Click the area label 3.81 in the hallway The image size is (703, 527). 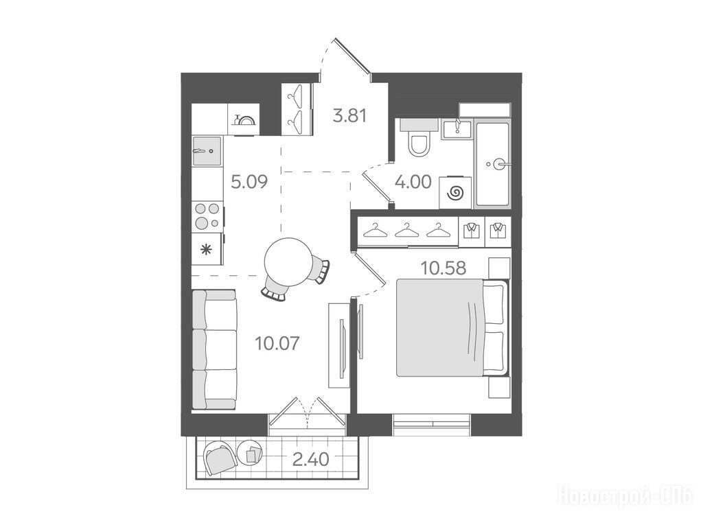coord(349,116)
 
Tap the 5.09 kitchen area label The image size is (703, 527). coord(249,182)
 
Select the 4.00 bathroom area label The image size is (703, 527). coord(413,182)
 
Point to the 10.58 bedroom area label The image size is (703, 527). coord(443,268)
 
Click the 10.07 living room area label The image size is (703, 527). coord(277,343)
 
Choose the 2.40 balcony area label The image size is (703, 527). coord(311,459)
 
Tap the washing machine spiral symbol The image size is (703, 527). coord(455,193)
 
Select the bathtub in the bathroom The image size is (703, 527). coord(492,165)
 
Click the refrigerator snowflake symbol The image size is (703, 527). coord(206,250)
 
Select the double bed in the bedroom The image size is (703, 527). coord(452,327)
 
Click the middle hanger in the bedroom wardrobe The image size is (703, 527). coord(406,231)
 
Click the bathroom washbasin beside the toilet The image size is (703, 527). coord(457,130)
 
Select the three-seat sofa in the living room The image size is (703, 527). coord(215,349)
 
